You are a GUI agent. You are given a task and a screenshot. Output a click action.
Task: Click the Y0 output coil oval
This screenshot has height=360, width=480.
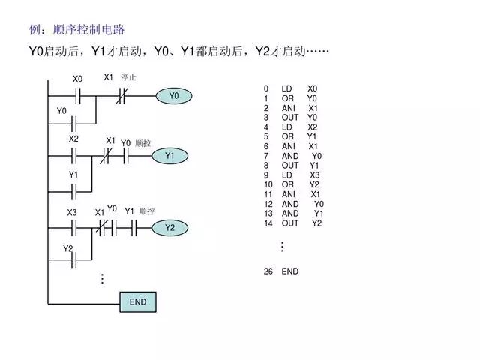(x=174, y=96)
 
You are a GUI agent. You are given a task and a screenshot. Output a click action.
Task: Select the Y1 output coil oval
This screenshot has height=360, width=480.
(x=169, y=156)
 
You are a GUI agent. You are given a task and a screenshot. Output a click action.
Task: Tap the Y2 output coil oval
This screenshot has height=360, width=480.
(x=169, y=227)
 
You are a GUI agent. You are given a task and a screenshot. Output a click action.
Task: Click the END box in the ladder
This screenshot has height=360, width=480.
(x=138, y=302)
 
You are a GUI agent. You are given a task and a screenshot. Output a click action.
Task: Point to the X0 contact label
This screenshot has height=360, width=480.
(x=78, y=79)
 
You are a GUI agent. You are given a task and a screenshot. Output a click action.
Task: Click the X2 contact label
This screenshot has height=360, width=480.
(x=73, y=139)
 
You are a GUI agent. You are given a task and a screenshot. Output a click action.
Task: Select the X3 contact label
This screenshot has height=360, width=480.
(x=72, y=213)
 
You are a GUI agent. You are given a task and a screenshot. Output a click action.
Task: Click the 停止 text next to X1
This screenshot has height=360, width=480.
(x=128, y=77)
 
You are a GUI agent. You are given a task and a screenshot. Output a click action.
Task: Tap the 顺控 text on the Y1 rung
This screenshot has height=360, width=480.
(x=143, y=142)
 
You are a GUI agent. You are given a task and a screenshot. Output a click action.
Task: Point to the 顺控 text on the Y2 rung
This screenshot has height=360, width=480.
(x=147, y=211)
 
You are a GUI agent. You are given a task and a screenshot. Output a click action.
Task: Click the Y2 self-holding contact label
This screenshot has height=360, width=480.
(x=67, y=248)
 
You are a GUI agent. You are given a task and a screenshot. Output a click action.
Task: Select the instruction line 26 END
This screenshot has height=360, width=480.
(x=281, y=271)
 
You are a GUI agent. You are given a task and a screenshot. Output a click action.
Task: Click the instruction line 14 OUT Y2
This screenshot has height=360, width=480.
(x=292, y=223)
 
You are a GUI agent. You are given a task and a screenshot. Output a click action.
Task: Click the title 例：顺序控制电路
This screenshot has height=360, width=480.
(x=76, y=30)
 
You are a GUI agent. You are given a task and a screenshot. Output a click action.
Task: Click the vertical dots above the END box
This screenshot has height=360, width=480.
(x=102, y=279)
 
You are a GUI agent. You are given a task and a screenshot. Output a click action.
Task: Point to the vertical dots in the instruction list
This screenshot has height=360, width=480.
(x=282, y=247)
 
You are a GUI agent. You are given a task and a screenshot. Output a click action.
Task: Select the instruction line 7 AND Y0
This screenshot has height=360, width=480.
(x=292, y=156)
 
